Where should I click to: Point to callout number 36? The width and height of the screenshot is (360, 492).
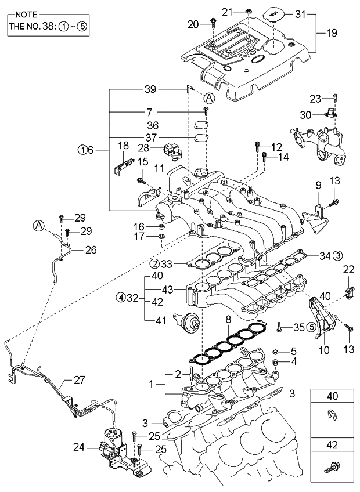pos(151,125)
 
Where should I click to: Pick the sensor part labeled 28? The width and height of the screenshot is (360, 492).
pos(174,150)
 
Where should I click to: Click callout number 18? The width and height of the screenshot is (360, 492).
pos(123,145)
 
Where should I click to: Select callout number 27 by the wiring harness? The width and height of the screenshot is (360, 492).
pos(80,381)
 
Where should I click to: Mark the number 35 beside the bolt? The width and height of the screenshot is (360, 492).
pos(298,327)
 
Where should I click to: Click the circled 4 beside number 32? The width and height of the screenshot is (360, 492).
pos(120,298)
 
